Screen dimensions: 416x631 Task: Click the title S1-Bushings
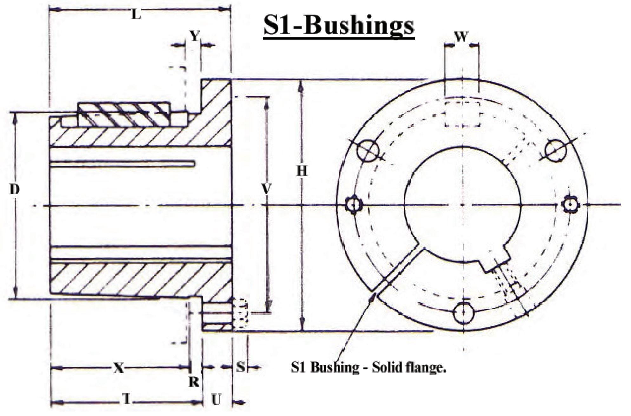(x=338, y=26)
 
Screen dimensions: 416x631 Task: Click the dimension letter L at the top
(x=136, y=14)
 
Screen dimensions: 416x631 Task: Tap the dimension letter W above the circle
(x=461, y=37)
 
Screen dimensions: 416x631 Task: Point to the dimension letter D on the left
(x=15, y=190)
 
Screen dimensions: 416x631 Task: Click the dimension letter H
(x=302, y=171)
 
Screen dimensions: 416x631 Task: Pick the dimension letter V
(x=267, y=189)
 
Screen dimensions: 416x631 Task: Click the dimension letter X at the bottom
(x=119, y=368)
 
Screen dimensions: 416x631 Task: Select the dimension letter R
(x=194, y=382)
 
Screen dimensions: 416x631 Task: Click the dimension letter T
(x=127, y=399)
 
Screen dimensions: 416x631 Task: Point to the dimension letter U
(x=216, y=400)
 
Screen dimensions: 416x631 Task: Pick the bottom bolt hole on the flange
(x=463, y=312)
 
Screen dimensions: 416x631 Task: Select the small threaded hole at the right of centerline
(x=571, y=205)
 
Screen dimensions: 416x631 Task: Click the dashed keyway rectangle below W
(x=462, y=114)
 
